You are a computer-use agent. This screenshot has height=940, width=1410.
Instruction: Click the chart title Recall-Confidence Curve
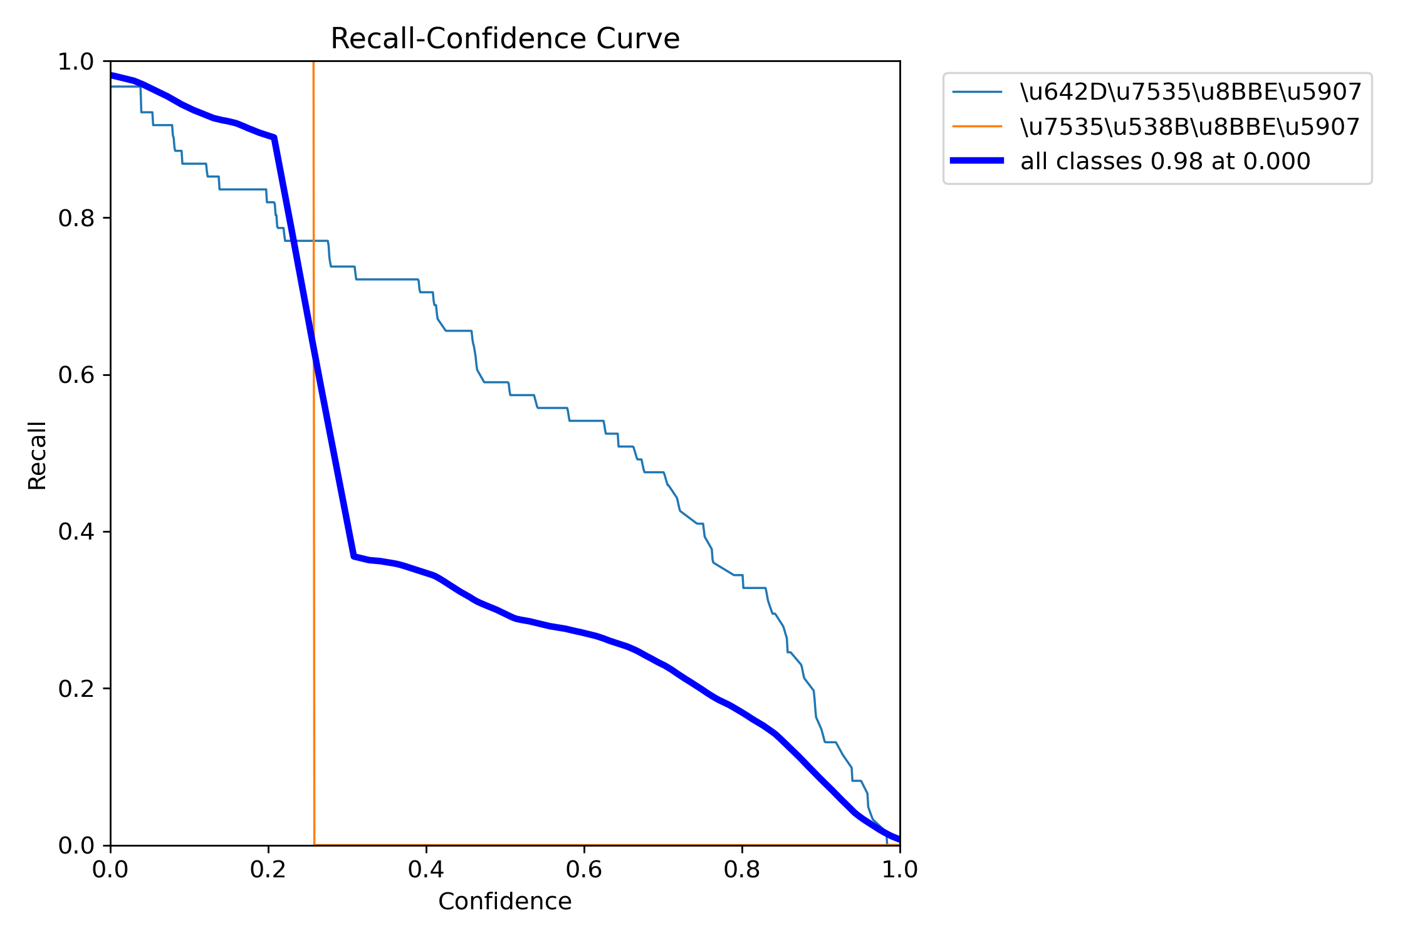coord(504,39)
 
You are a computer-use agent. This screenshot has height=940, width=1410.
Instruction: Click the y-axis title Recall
coord(38,456)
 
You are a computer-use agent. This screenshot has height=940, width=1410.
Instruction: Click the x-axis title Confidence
coord(504,901)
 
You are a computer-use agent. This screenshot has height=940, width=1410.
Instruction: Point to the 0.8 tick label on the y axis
coord(75,218)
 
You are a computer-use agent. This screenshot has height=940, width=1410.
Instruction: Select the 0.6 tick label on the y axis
coord(75,375)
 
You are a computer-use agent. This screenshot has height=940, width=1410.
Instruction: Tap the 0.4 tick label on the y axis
coord(75,531)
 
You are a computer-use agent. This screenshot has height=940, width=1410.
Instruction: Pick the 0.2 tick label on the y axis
coord(75,689)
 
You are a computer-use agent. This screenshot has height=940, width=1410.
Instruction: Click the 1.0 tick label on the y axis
coord(75,62)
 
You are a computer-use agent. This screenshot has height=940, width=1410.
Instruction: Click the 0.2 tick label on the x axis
coord(268,870)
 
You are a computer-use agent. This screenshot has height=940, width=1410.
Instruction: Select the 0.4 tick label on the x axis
coord(426,870)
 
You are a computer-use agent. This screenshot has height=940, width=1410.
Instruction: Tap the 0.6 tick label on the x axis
coord(584,870)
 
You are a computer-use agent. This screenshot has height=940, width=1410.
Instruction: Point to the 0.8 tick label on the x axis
coord(742,870)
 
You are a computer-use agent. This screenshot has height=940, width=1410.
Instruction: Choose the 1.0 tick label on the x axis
coord(900,870)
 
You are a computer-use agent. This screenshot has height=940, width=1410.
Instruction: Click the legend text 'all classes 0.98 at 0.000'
coord(1165,162)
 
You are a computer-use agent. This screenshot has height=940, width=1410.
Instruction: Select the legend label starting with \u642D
coord(1191,92)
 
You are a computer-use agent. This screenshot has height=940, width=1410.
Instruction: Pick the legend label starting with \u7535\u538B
coord(1190,127)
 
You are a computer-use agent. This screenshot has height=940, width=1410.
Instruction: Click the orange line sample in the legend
coord(977,127)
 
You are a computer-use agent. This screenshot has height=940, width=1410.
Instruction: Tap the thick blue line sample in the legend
coord(977,161)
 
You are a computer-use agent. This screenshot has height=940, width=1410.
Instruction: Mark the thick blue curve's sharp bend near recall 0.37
coord(354,556)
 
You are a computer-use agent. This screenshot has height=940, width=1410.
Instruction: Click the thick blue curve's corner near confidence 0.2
coord(274,138)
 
